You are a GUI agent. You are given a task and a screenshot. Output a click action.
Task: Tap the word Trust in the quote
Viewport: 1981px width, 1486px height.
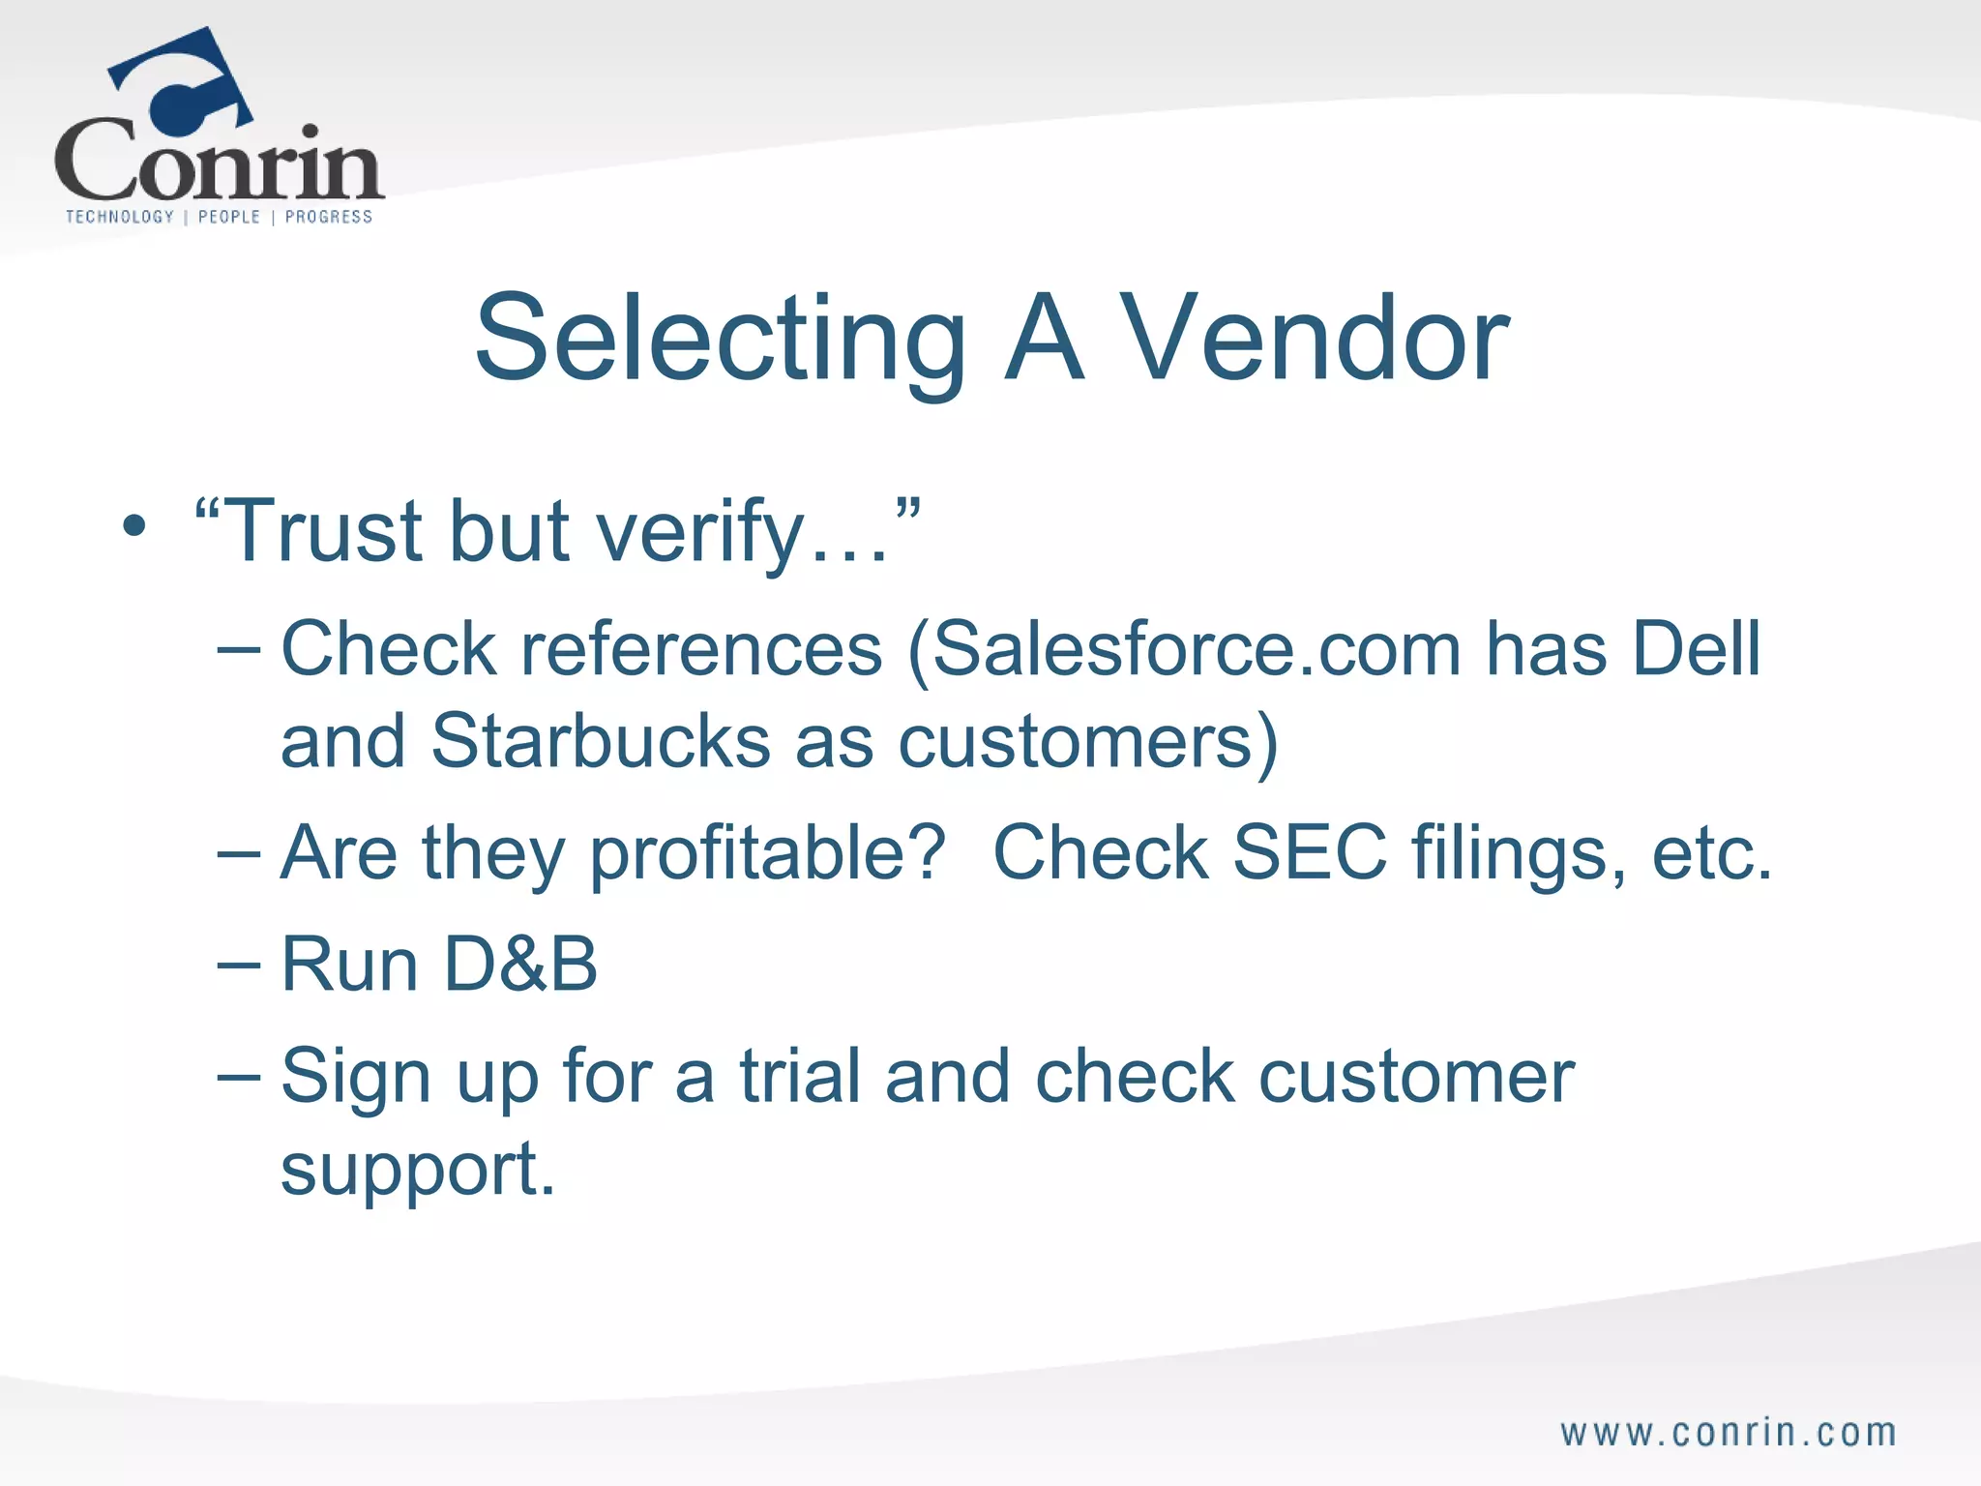tap(325, 531)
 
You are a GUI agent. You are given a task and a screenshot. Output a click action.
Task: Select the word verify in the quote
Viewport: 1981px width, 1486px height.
tap(700, 533)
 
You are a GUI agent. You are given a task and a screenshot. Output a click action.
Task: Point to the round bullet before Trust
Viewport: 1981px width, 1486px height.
tap(134, 528)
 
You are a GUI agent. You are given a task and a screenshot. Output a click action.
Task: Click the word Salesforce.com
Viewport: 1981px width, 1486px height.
tap(1196, 649)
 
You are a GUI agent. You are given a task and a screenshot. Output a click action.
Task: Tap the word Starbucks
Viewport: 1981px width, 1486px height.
tap(601, 741)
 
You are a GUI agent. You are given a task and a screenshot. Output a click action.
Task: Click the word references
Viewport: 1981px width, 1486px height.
tap(701, 649)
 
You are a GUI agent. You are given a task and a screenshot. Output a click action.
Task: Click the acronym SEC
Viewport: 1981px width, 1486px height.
tap(1310, 852)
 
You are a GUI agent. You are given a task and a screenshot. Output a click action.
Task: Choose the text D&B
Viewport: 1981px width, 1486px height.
tap(521, 965)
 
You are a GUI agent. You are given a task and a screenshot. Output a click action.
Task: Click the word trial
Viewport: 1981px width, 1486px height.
tap(800, 1076)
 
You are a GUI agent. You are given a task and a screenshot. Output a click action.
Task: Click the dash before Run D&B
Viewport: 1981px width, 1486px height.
tap(239, 965)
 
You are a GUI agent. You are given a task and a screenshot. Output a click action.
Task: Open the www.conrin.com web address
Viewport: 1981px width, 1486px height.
tap(1729, 1433)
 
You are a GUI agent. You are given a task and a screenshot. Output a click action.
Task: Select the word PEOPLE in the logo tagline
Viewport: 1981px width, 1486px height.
tap(229, 217)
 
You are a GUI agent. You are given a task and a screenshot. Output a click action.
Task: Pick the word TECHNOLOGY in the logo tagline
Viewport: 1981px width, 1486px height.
tap(120, 217)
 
